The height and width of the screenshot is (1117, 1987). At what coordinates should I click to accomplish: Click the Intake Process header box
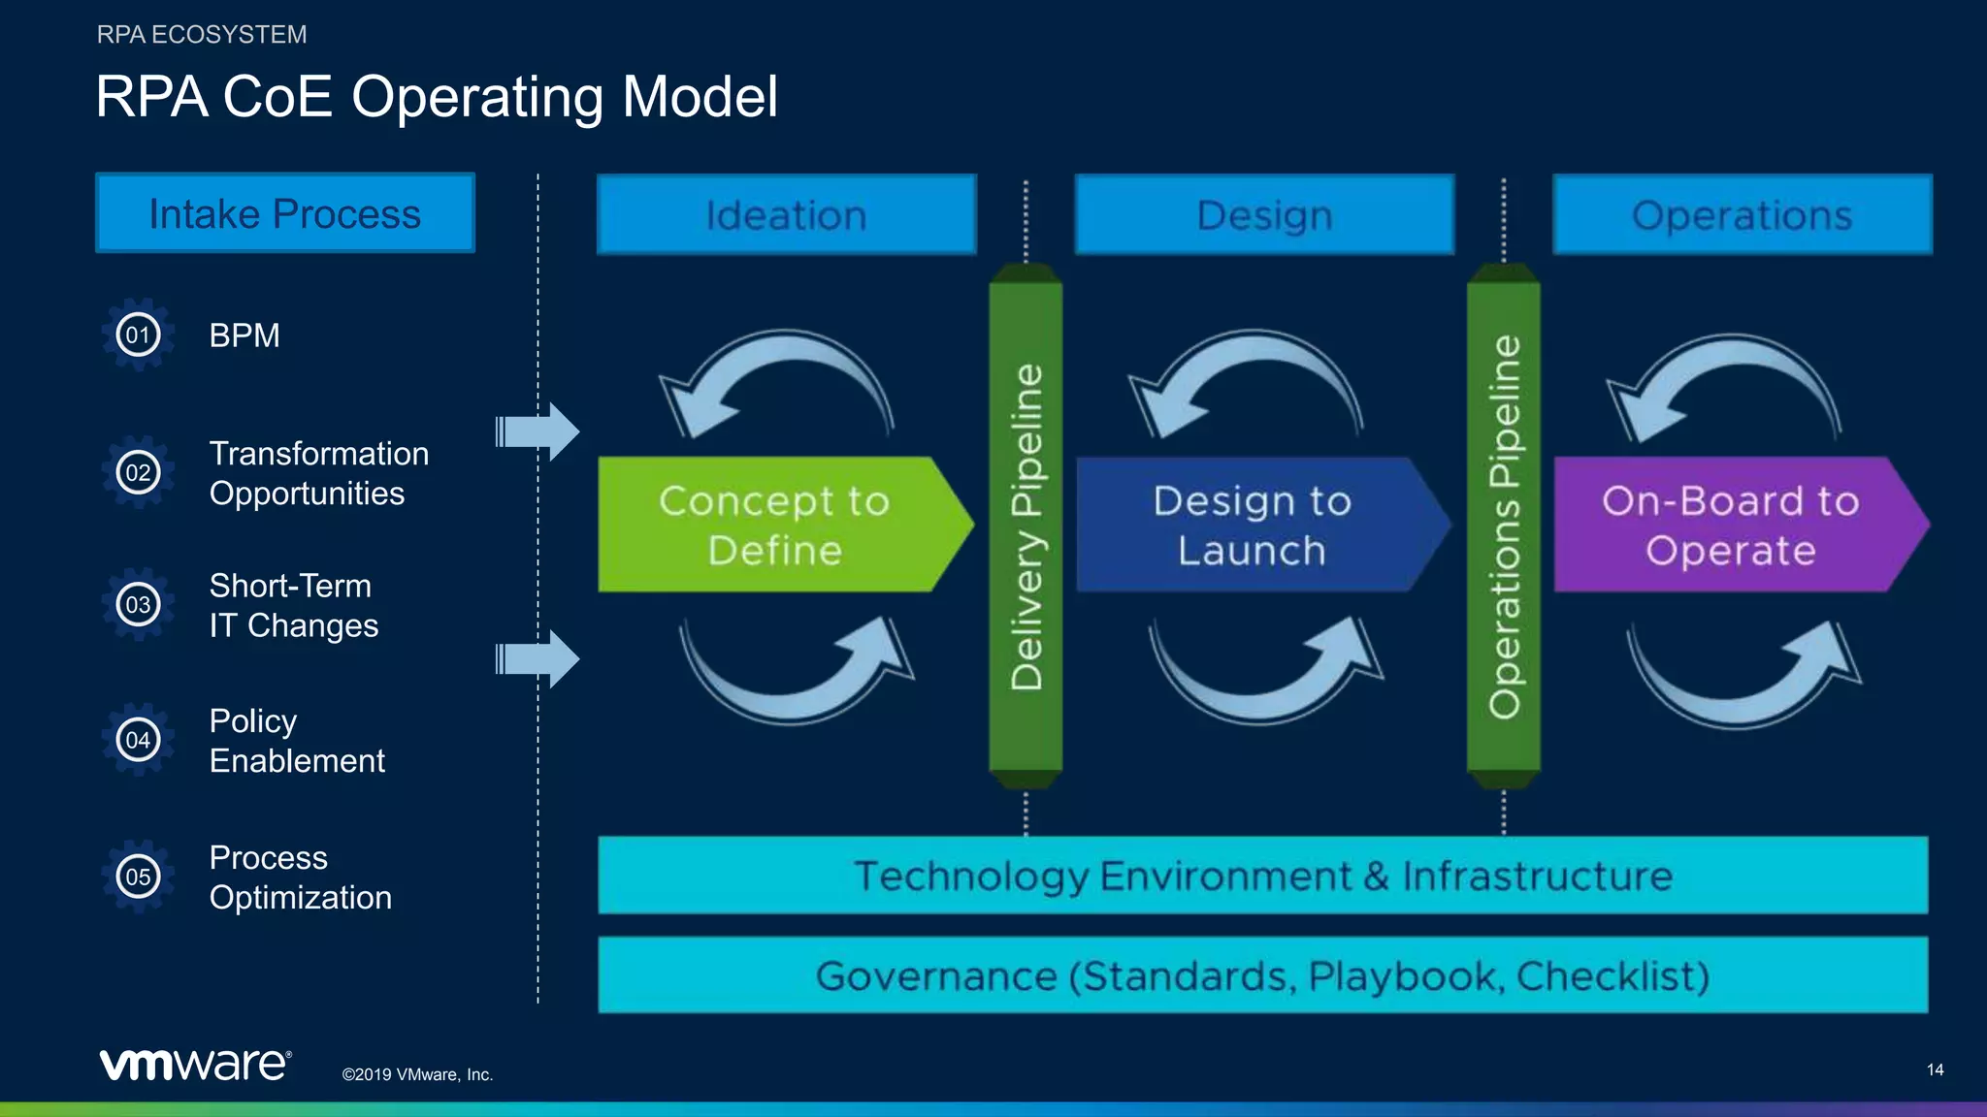284,213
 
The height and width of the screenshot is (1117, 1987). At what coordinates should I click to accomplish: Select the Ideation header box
786,215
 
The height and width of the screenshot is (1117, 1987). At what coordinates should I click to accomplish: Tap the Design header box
1264,215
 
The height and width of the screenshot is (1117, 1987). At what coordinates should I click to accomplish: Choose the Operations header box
1742,215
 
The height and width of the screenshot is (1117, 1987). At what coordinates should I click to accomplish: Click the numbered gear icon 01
138,335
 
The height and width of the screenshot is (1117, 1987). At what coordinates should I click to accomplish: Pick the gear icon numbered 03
138,605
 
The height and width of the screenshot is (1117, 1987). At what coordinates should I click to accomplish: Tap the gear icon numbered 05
138,877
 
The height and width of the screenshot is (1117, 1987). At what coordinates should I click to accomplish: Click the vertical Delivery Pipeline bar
1026,526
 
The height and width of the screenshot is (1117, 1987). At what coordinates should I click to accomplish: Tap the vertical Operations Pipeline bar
1503,526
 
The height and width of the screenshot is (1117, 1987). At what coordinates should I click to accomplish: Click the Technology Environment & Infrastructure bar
1262,876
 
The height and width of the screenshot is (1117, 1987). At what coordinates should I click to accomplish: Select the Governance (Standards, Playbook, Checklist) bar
1262,975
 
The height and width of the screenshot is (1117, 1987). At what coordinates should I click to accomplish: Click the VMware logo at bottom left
194,1065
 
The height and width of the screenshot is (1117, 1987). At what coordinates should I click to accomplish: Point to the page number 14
1935,1069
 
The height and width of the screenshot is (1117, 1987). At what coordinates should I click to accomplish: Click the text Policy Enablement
297,741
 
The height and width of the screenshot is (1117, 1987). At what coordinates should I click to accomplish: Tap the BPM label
244,335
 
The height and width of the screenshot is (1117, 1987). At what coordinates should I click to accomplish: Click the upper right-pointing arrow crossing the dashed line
538,431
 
